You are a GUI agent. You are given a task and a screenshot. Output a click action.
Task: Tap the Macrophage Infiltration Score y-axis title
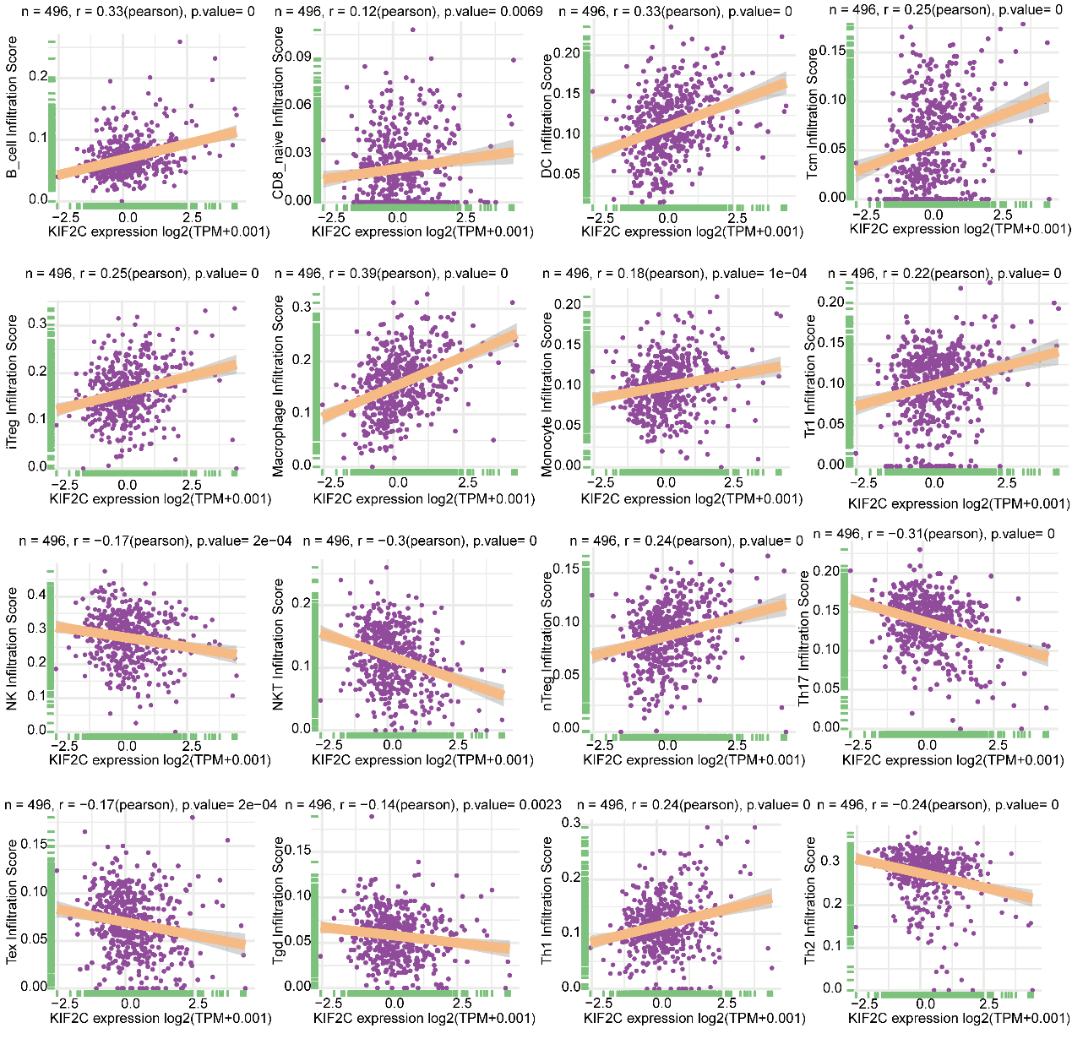click(280, 386)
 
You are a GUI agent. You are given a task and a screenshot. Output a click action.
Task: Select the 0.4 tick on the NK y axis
click(36, 595)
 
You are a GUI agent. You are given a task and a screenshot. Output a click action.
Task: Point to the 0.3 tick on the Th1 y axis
click(571, 823)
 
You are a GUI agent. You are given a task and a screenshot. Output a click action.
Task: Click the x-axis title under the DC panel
click(692, 231)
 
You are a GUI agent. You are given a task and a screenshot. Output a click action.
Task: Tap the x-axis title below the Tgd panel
click(424, 1018)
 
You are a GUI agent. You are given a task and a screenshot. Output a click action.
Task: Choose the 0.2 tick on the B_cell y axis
click(39, 76)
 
